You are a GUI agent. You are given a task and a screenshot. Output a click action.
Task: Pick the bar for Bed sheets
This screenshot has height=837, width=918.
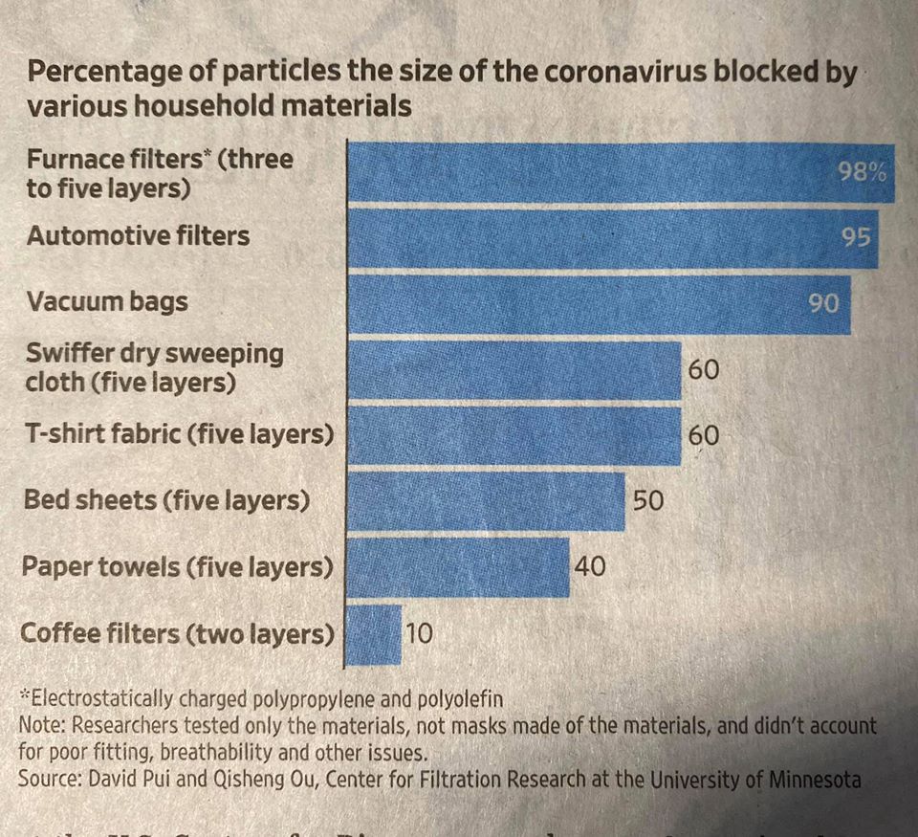pyautogui.click(x=485, y=501)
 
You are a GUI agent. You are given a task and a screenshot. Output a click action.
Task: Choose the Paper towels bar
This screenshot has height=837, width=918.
pyautogui.click(x=457, y=567)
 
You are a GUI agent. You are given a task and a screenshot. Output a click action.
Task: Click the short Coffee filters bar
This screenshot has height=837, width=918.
pyautogui.click(x=373, y=633)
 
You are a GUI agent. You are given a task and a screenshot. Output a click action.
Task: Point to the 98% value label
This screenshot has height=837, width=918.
pyautogui.click(x=863, y=172)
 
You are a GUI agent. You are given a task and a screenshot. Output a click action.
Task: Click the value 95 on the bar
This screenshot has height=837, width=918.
pyautogui.click(x=858, y=236)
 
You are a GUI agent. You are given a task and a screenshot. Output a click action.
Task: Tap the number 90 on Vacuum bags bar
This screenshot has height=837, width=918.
pyautogui.click(x=823, y=303)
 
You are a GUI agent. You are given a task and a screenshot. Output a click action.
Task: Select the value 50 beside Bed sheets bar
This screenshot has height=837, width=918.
pyautogui.click(x=647, y=500)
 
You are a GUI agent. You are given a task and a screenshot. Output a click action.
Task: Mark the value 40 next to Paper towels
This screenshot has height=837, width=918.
pyautogui.click(x=590, y=566)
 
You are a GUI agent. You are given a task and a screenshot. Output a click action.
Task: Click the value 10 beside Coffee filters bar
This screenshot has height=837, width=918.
pyautogui.click(x=420, y=632)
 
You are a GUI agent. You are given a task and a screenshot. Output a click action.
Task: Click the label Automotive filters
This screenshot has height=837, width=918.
pyautogui.click(x=139, y=236)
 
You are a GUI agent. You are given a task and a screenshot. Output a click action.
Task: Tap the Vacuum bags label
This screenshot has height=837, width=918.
pyautogui.click(x=107, y=302)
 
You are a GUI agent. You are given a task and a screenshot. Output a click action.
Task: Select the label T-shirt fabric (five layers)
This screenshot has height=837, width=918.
pyautogui.click(x=179, y=434)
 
